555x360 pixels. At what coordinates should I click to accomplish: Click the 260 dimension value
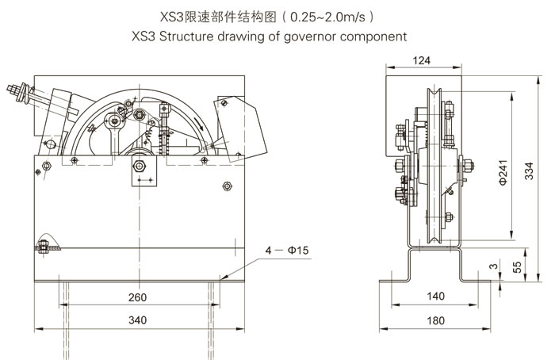point(137,297)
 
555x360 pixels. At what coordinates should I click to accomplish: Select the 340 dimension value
point(137,320)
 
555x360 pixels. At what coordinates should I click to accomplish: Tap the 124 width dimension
point(422,60)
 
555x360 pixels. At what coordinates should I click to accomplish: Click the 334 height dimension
point(529,171)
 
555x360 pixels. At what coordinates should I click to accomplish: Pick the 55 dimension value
point(517,266)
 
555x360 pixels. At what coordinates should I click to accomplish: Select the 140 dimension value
point(435,296)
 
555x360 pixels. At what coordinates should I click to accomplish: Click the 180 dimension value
point(435,320)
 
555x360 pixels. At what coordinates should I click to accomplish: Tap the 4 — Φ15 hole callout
point(287,251)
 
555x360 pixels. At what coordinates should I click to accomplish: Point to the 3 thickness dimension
point(494,266)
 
